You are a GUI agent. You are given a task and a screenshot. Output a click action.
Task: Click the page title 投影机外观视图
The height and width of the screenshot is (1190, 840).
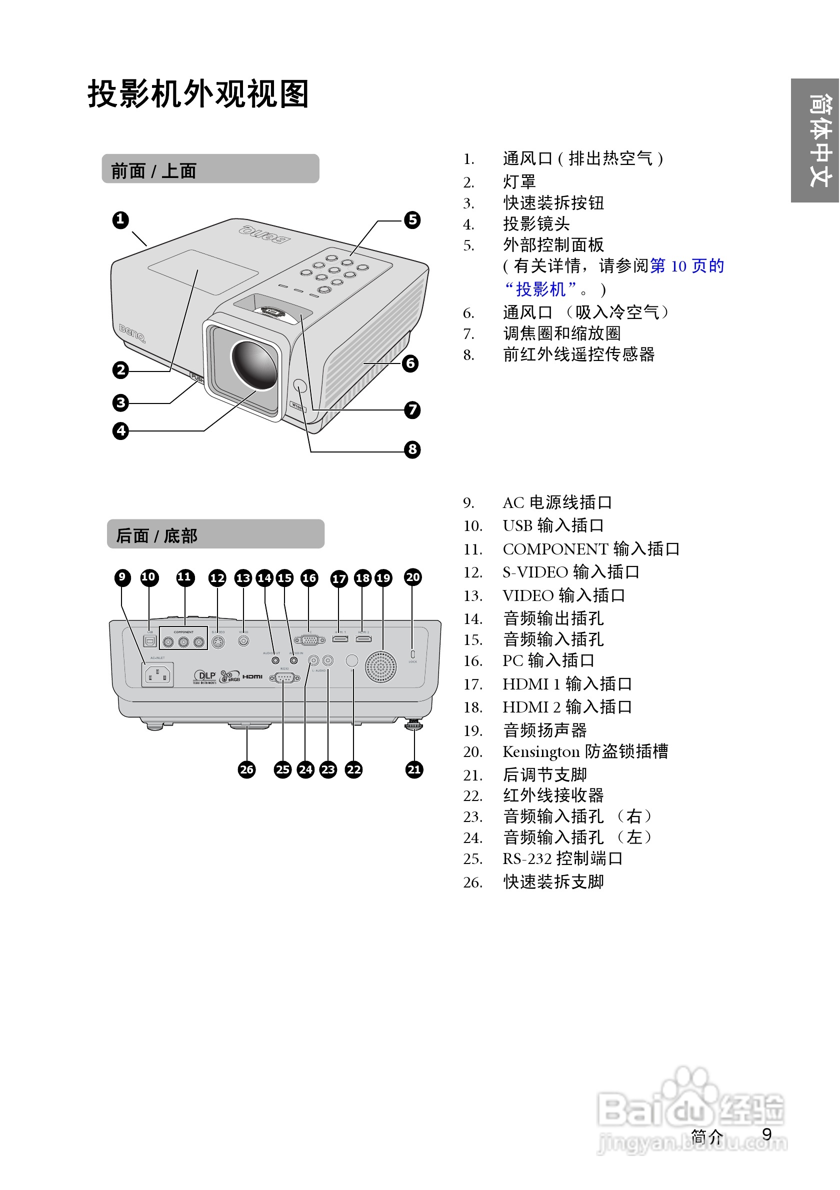coord(198,94)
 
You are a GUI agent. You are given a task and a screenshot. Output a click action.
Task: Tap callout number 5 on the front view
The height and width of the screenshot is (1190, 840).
coord(412,220)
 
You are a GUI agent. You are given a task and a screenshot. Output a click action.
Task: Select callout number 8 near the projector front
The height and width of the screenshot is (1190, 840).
coord(412,449)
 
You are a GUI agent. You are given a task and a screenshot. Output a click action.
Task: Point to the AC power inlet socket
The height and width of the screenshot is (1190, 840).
coord(157,675)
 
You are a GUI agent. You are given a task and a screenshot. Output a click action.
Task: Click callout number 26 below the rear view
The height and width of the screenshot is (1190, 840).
coord(246,769)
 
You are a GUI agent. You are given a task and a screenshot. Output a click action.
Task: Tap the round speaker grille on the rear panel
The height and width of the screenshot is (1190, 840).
coord(380,667)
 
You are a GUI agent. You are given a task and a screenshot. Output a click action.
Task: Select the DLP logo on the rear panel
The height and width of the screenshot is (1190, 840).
coord(204,676)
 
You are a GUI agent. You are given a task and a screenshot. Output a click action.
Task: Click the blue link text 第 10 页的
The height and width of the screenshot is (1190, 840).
coord(686,266)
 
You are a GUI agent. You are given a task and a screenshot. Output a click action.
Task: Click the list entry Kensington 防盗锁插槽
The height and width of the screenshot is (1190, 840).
coord(585,751)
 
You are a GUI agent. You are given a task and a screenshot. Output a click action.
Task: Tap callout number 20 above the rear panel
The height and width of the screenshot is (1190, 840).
coord(412,577)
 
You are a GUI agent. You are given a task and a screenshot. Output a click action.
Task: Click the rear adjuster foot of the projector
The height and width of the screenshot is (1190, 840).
coord(413,724)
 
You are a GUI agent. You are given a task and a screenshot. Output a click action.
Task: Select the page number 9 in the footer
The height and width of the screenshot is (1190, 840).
coord(766,1134)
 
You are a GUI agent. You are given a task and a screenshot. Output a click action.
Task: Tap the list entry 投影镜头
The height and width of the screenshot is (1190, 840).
coord(536,224)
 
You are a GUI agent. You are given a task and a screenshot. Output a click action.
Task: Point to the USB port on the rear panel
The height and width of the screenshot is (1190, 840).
coord(150,641)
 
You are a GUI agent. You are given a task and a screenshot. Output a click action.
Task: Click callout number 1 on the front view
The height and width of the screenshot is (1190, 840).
coord(120,220)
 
